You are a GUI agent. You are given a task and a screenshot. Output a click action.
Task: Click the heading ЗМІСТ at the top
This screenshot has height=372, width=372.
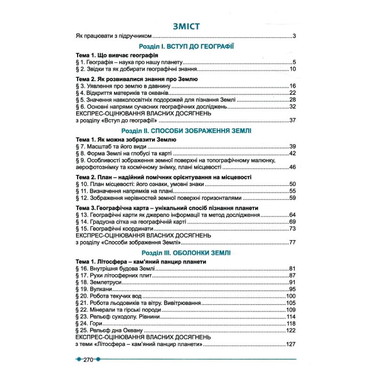186,26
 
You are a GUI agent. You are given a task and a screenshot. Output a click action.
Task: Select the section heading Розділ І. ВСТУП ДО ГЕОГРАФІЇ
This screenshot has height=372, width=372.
186,46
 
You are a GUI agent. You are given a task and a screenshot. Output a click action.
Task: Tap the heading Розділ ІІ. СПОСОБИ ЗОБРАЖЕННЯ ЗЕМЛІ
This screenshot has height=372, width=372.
186,131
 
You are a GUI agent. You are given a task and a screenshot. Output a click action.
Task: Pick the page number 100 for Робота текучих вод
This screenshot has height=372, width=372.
291,296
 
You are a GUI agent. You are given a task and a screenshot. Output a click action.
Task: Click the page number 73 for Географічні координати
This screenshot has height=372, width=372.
292,229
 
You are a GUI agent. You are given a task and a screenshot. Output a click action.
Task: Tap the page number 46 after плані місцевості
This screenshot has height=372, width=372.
292,167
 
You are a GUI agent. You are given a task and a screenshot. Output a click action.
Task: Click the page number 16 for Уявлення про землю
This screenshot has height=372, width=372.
292,86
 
